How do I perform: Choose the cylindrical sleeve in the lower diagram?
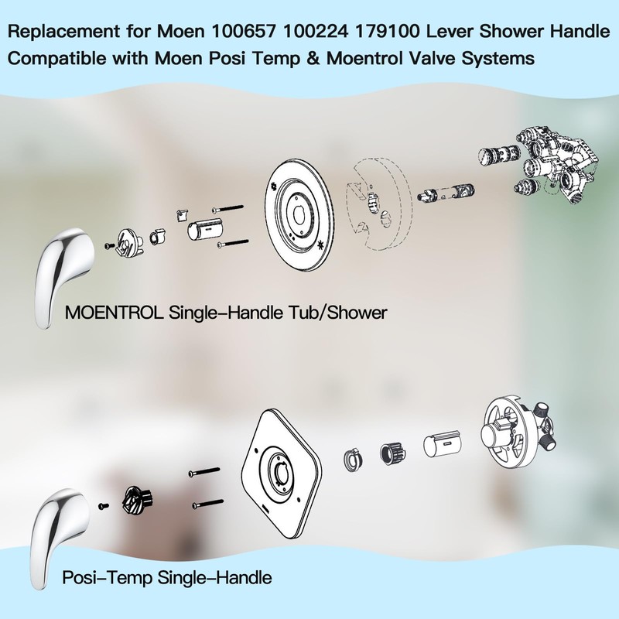pyautogui.click(x=443, y=445)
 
